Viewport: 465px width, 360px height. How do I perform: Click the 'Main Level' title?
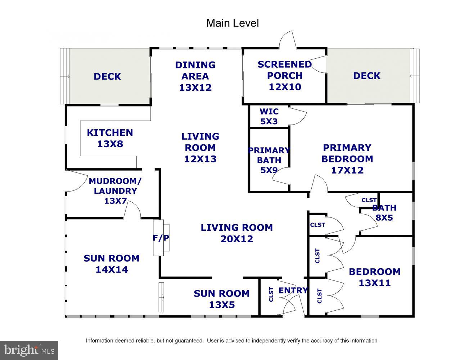point(232,23)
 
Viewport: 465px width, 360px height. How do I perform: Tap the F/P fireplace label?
point(161,238)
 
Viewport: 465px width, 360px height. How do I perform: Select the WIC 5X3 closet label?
point(269,116)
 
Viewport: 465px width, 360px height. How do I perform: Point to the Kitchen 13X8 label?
point(110,138)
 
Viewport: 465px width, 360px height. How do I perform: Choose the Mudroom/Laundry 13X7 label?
point(115,191)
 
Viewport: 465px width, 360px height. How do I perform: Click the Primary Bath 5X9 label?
point(269,160)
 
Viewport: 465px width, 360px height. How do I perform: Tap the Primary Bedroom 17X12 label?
point(347,159)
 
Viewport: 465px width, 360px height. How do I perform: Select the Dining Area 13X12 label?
point(195,76)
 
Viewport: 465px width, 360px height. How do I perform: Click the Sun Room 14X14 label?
point(112,264)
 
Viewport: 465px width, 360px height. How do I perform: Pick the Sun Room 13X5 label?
point(222,299)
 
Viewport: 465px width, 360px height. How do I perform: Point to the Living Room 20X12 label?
point(237,233)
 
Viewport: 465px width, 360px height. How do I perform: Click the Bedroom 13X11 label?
point(375,277)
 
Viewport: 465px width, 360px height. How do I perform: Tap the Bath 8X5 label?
point(384,212)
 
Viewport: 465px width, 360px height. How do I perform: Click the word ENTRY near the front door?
point(293,290)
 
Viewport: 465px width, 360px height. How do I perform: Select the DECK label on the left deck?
point(107,76)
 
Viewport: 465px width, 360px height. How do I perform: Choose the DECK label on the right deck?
point(367,76)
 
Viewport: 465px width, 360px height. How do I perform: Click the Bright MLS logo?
point(29,350)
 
